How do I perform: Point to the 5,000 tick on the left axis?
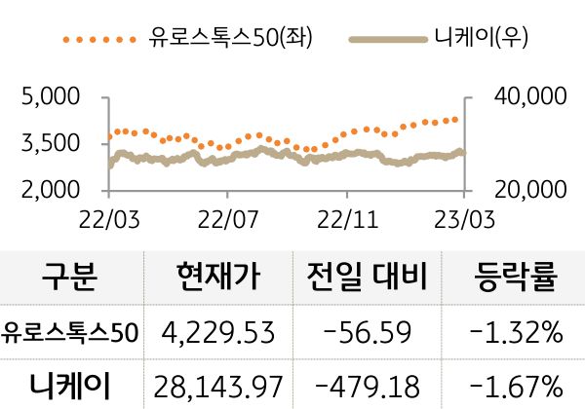49,97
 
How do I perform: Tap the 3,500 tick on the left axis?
49,143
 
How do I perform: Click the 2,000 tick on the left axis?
49,189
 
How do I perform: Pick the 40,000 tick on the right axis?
525,97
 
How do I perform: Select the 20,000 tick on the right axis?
525,189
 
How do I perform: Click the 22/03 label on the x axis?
108,215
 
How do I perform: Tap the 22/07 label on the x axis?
226,215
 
